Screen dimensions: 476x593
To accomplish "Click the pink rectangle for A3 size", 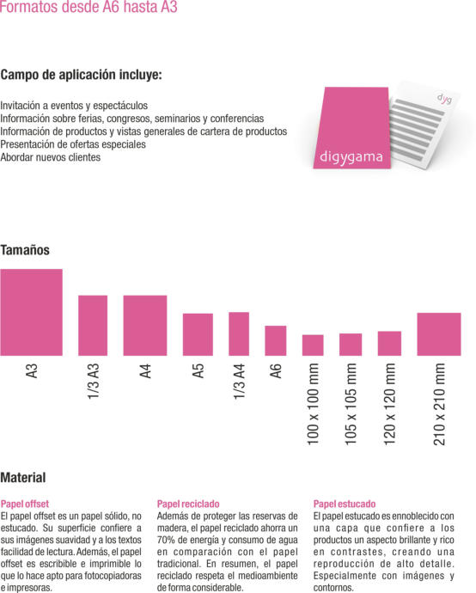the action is click(x=32, y=312).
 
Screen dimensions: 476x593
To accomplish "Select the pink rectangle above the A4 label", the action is click(x=145, y=326).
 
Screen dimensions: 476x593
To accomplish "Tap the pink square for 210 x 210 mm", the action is click(x=439, y=334).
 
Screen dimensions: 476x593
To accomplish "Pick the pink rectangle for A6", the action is click(x=276, y=340).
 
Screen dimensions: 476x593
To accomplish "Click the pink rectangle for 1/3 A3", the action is click(x=93, y=326).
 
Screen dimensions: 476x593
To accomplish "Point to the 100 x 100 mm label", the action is click(x=313, y=404).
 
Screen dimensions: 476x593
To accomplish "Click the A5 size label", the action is click(x=198, y=371).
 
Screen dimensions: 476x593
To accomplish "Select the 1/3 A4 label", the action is click(x=239, y=382).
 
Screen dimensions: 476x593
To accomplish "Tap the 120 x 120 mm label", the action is click(x=389, y=404).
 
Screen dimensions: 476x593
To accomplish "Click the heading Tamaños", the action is click(x=25, y=250).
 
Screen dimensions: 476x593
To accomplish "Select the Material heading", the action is click(x=23, y=478).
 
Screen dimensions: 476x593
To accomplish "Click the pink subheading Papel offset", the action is click(x=25, y=504).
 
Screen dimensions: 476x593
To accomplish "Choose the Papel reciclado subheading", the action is click(x=188, y=504).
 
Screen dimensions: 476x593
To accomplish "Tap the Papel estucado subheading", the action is click(x=345, y=504).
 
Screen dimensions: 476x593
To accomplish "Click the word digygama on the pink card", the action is click(x=351, y=157).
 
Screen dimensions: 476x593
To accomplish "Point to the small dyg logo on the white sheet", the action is click(x=444, y=99).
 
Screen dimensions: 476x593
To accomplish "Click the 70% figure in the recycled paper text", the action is click(x=166, y=540).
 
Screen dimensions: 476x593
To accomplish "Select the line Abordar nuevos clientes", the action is click(x=51, y=157).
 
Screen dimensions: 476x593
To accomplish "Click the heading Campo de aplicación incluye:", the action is click(x=81, y=75).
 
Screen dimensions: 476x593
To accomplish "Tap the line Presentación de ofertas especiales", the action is click(x=73, y=144).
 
